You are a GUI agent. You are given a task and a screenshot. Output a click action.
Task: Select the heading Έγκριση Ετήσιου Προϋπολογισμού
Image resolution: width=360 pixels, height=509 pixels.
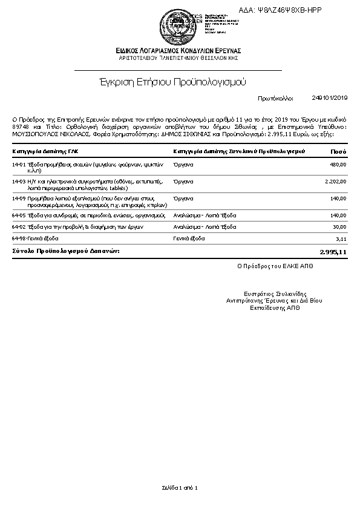tap(173, 82)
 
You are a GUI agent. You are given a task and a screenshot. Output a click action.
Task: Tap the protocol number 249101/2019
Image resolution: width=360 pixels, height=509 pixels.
tap(330, 97)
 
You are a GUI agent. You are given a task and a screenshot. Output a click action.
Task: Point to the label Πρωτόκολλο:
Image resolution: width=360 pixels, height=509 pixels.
tap(275, 97)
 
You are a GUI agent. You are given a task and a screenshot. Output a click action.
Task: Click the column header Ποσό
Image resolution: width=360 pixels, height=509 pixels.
tap(338, 150)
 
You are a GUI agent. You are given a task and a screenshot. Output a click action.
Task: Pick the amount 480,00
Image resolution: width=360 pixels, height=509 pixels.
tap(338, 164)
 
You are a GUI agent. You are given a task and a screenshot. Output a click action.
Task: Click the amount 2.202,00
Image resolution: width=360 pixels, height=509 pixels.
tap(335, 181)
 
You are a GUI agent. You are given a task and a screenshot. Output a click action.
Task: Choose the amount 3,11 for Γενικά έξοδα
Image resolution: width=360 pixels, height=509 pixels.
tap(341, 239)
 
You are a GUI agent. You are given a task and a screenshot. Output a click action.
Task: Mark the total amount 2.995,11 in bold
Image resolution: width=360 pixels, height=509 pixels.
tap(333, 251)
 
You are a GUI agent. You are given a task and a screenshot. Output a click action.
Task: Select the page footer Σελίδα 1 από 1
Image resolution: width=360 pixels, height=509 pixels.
tap(180, 488)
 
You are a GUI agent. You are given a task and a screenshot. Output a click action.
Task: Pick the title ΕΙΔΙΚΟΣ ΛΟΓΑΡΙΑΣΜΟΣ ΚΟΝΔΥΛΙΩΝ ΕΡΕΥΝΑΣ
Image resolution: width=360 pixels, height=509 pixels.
tap(178, 50)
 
